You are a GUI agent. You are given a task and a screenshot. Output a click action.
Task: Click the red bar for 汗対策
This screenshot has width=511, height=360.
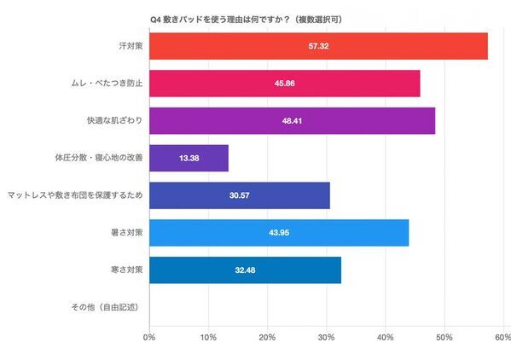(318, 46)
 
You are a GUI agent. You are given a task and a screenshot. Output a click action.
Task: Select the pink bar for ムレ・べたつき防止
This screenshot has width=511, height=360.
(284, 84)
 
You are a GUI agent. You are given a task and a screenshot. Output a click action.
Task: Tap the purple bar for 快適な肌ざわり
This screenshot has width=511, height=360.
(292, 121)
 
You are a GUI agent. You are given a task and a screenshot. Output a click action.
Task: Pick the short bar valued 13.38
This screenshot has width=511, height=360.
(189, 159)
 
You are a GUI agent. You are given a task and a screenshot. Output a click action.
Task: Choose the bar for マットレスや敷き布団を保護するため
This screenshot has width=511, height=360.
(239, 195)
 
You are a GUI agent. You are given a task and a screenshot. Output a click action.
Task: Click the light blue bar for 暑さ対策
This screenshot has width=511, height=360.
(279, 233)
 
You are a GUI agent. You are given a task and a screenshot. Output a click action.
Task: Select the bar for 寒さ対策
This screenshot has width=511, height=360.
(245, 270)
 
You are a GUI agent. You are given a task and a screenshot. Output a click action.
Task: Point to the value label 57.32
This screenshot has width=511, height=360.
(318, 47)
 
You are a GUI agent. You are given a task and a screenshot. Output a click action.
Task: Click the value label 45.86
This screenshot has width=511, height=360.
(284, 84)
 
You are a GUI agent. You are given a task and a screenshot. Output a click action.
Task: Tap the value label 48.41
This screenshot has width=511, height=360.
(292, 122)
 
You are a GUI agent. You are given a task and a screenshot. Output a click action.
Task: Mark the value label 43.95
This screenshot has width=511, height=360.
(279, 234)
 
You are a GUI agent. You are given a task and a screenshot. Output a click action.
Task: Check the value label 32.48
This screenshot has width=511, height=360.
(245, 271)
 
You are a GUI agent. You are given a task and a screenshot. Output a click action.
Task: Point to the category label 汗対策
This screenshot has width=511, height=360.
(130, 46)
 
